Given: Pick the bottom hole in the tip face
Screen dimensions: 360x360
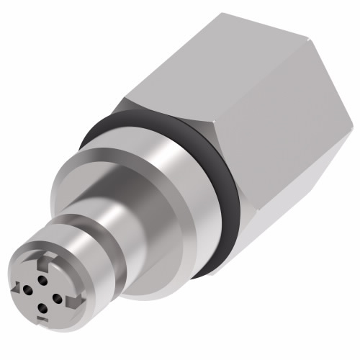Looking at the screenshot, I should (42, 307).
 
